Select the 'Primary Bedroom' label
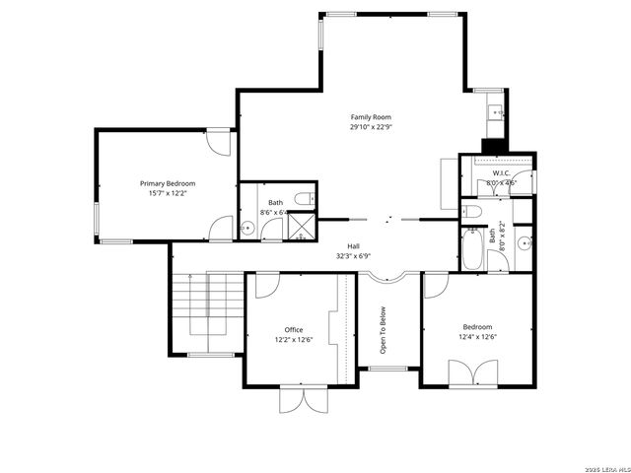(167, 183)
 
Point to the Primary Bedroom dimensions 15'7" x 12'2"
(167, 193)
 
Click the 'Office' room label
(294, 330)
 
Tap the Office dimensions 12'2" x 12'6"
(294, 340)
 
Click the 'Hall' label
(352, 246)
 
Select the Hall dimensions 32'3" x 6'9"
(352, 256)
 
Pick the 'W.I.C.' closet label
(501, 172)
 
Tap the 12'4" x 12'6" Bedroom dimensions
(477, 337)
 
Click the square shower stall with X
(300, 226)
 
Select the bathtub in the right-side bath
(472, 252)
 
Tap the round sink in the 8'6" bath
(248, 229)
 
